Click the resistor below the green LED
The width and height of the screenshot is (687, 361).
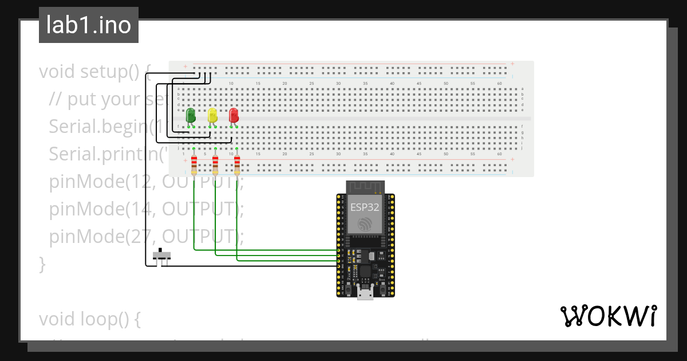pos(194,164)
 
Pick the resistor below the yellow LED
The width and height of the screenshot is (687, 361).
pos(215,164)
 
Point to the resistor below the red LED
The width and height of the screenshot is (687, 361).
pos(237,164)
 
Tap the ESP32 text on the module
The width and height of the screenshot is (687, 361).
pos(365,207)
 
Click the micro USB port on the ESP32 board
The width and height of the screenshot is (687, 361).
pos(365,293)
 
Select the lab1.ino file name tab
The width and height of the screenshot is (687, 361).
pos(89,25)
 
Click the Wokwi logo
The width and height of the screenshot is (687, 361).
pos(608,316)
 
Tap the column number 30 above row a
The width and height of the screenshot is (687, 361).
pos(338,84)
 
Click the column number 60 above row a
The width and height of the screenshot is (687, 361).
pos(500,84)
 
